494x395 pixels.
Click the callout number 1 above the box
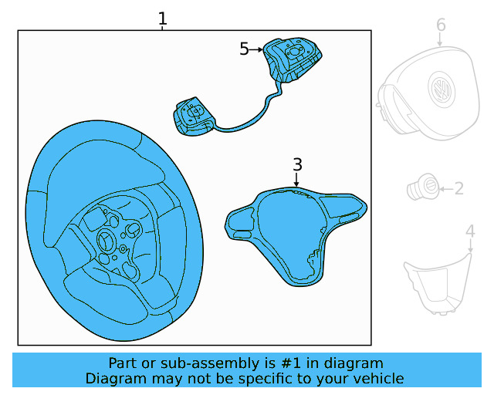coord(162,19)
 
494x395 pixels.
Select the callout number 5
coord(244,49)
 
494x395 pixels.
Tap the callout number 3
coord(297,164)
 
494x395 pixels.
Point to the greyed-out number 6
coord(441,25)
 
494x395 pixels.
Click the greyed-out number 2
coord(458,188)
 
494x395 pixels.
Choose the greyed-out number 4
coord(470,231)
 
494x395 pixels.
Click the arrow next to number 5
coord(256,49)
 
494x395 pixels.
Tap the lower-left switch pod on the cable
coord(191,116)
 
